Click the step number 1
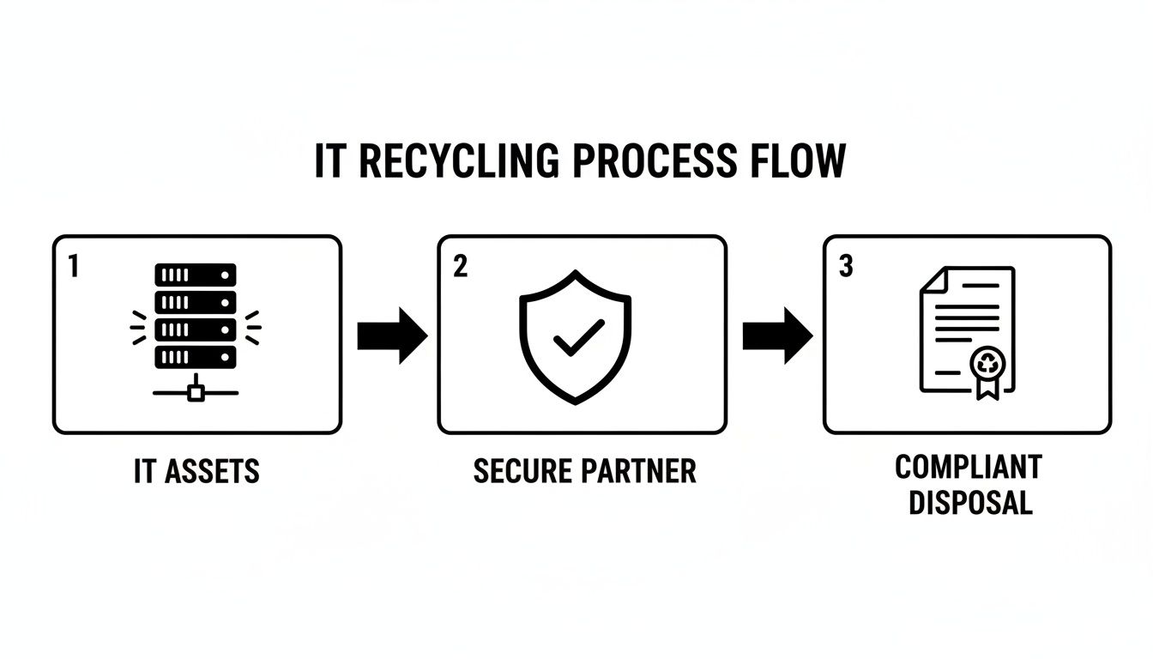point(73,267)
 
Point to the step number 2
point(460,267)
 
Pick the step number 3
point(845,267)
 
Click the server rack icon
point(196,330)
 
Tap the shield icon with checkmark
point(576,336)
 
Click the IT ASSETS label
point(196,471)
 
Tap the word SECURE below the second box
point(523,471)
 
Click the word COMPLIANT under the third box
point(968,468)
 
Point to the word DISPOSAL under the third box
point(969,503)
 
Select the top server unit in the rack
point(196,275)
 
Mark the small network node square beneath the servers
point(196,393)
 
